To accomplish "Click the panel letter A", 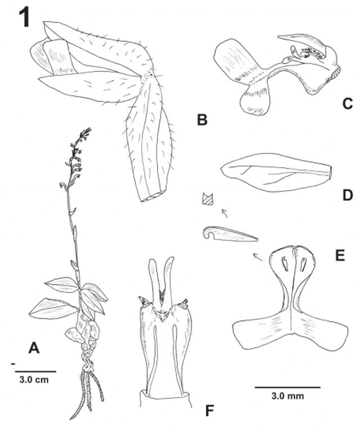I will [34, 349].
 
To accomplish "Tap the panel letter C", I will [346, 103].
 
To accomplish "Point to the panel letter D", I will [346, 195].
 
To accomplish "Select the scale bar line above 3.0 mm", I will [287, 387].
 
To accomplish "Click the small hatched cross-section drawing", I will [208, 199].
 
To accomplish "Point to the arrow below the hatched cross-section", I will [225, 213].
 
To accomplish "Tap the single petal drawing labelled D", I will [276, 174].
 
